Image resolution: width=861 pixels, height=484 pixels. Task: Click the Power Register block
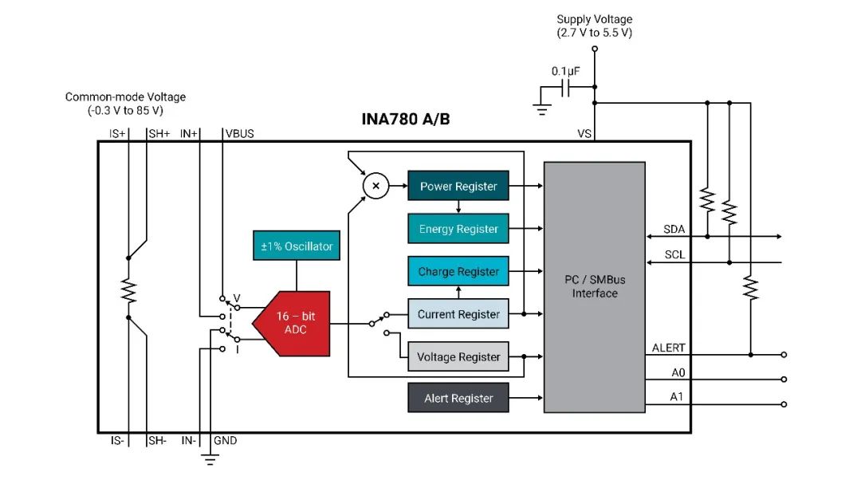458,187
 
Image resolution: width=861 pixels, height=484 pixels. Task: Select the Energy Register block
458,229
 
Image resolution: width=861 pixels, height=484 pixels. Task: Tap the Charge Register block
458,271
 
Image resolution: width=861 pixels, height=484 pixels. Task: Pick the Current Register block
458,314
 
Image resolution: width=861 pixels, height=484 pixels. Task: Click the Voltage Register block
458,356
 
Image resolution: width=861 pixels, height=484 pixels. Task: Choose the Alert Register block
458,398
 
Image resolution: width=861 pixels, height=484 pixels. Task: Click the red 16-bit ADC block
293,323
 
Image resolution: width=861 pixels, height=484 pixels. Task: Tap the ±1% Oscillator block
297,246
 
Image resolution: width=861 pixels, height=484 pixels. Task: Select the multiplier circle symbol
375,187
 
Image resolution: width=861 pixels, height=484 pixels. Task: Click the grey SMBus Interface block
594,287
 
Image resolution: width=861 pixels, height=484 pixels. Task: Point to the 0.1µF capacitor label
565,71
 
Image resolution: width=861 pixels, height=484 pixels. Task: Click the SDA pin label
674,230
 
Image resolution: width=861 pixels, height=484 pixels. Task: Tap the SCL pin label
674,256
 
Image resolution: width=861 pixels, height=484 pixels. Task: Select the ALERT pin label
668,348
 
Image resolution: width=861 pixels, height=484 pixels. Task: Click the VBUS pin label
240,133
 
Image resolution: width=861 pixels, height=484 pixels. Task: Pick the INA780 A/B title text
407,120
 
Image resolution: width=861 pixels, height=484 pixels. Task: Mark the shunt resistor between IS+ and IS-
128,290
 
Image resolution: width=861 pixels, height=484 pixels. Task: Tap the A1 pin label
676,397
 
